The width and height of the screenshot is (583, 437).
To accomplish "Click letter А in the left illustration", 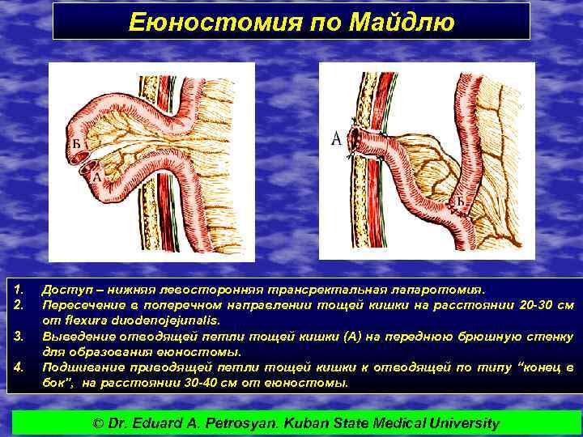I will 97,175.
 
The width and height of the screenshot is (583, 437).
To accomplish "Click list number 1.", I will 19,289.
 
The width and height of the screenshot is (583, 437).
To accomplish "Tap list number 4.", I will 19,368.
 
